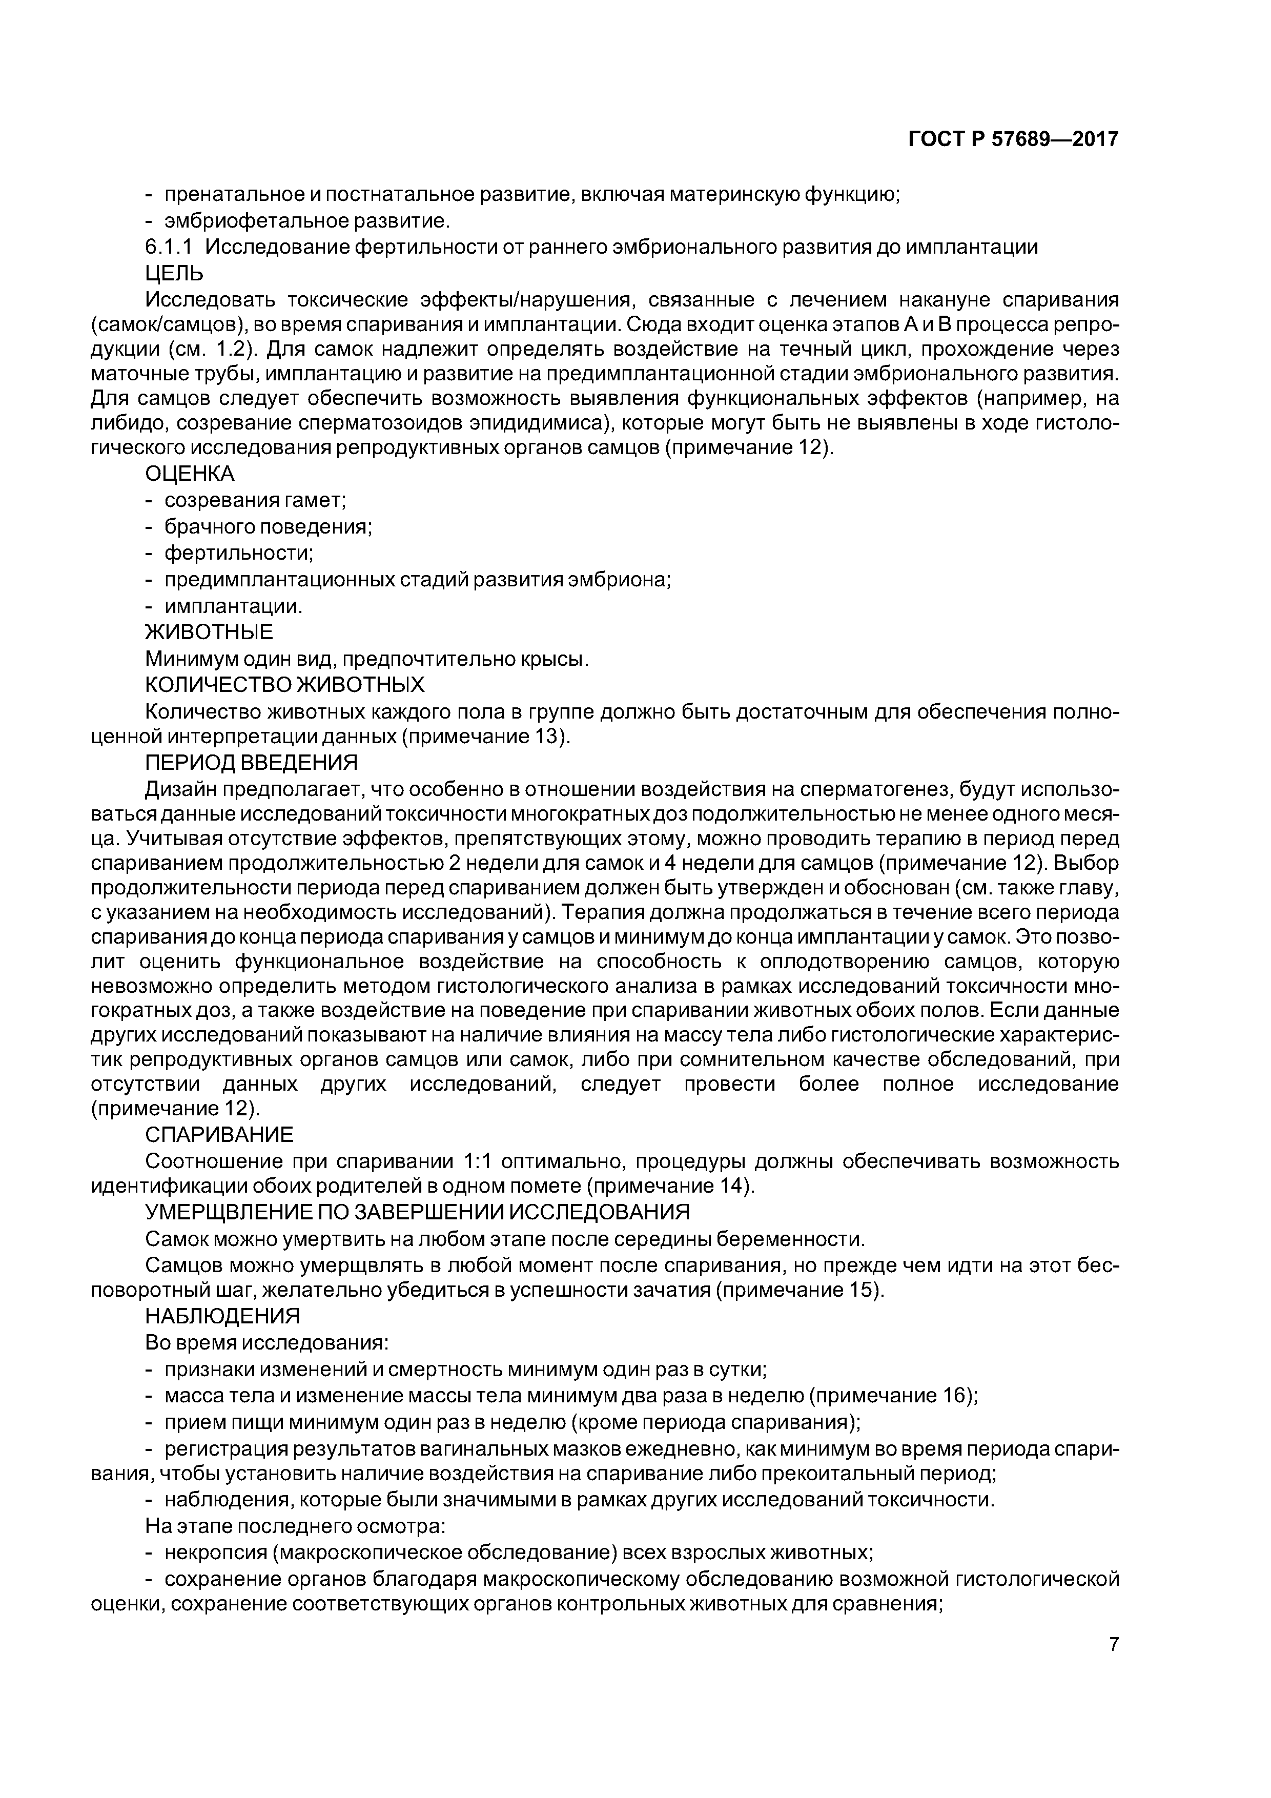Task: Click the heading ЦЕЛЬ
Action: pyautogui.click(x=174, y=273)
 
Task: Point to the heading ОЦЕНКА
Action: pyautogui.click(x=190, y=474)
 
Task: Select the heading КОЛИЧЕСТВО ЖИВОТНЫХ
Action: pyautogui.click(x=284, y=685)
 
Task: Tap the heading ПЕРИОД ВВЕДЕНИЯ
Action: pyautogui.click(x=251, y=762)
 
